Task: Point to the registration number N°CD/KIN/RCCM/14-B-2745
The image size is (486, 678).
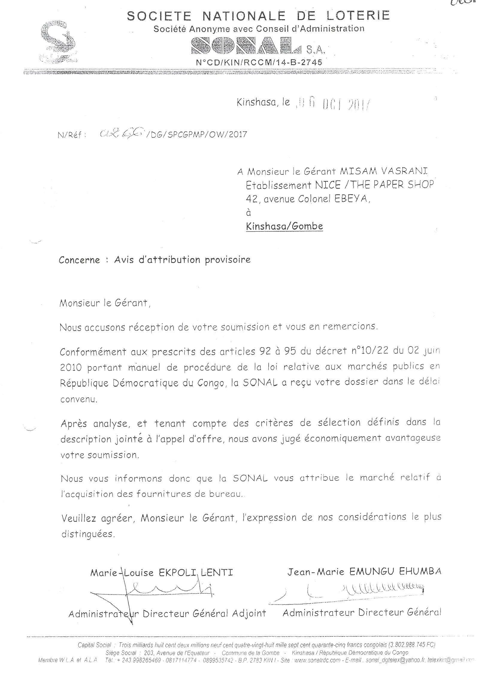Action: (x=258, y=62)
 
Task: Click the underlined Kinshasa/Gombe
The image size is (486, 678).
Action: (x=284, y=226)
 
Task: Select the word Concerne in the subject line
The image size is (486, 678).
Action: (x=79, y=260)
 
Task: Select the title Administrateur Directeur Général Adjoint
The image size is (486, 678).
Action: (x=167, y=614)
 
